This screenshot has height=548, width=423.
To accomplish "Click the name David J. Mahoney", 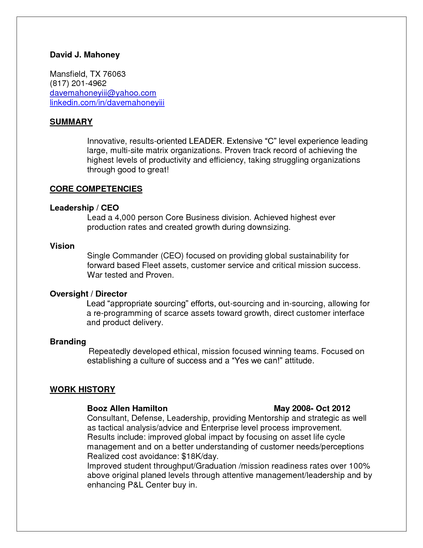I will click(85, 55).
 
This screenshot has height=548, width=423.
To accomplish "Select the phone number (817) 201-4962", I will click(78, 83).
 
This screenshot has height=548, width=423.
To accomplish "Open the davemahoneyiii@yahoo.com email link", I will click(103, 93).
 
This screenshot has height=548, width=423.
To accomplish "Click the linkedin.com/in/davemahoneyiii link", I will click(107, 103).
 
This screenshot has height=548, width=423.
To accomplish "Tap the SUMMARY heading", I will click(71, 122).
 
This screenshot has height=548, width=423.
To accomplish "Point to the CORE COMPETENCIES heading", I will click(96, 189).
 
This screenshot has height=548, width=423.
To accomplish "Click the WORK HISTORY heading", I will click(82, 390).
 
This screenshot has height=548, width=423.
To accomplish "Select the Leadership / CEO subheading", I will click(84, 208).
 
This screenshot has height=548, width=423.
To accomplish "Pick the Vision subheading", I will click(62, 246).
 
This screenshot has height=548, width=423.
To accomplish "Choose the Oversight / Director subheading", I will click(88, 294).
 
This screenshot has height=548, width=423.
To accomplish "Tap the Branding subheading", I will click(68, 342).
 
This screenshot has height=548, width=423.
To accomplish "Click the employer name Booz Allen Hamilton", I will click(127, 409).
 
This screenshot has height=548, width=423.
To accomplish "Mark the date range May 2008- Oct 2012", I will click(312, 409).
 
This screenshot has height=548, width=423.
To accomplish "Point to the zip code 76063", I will click(114, 74).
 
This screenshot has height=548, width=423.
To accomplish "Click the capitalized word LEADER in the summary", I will click(205, 141).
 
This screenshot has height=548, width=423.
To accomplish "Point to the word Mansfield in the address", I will click(68, 74).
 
